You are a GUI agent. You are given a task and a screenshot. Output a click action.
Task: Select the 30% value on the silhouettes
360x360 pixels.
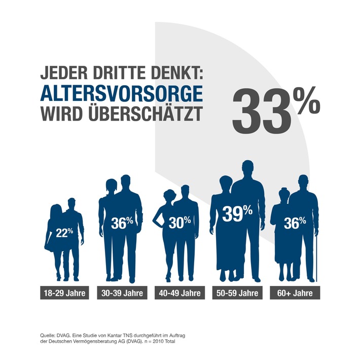pyautogui.click(x=180, y=221)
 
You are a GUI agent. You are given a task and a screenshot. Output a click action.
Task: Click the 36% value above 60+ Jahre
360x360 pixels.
pyautogui.click(x=295, y=222)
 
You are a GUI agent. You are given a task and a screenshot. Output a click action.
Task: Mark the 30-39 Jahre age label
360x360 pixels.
pyautogui.click(x=122, y=294)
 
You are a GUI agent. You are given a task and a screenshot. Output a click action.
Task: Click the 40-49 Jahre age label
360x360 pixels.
pyautogui.click(x=179, y=294)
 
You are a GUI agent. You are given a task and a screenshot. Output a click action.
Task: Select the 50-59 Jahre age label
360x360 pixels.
pyautogui.click(x=237, y=294)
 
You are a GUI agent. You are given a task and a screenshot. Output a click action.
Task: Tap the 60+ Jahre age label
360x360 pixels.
pyautogui.click(x=295, y=294)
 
